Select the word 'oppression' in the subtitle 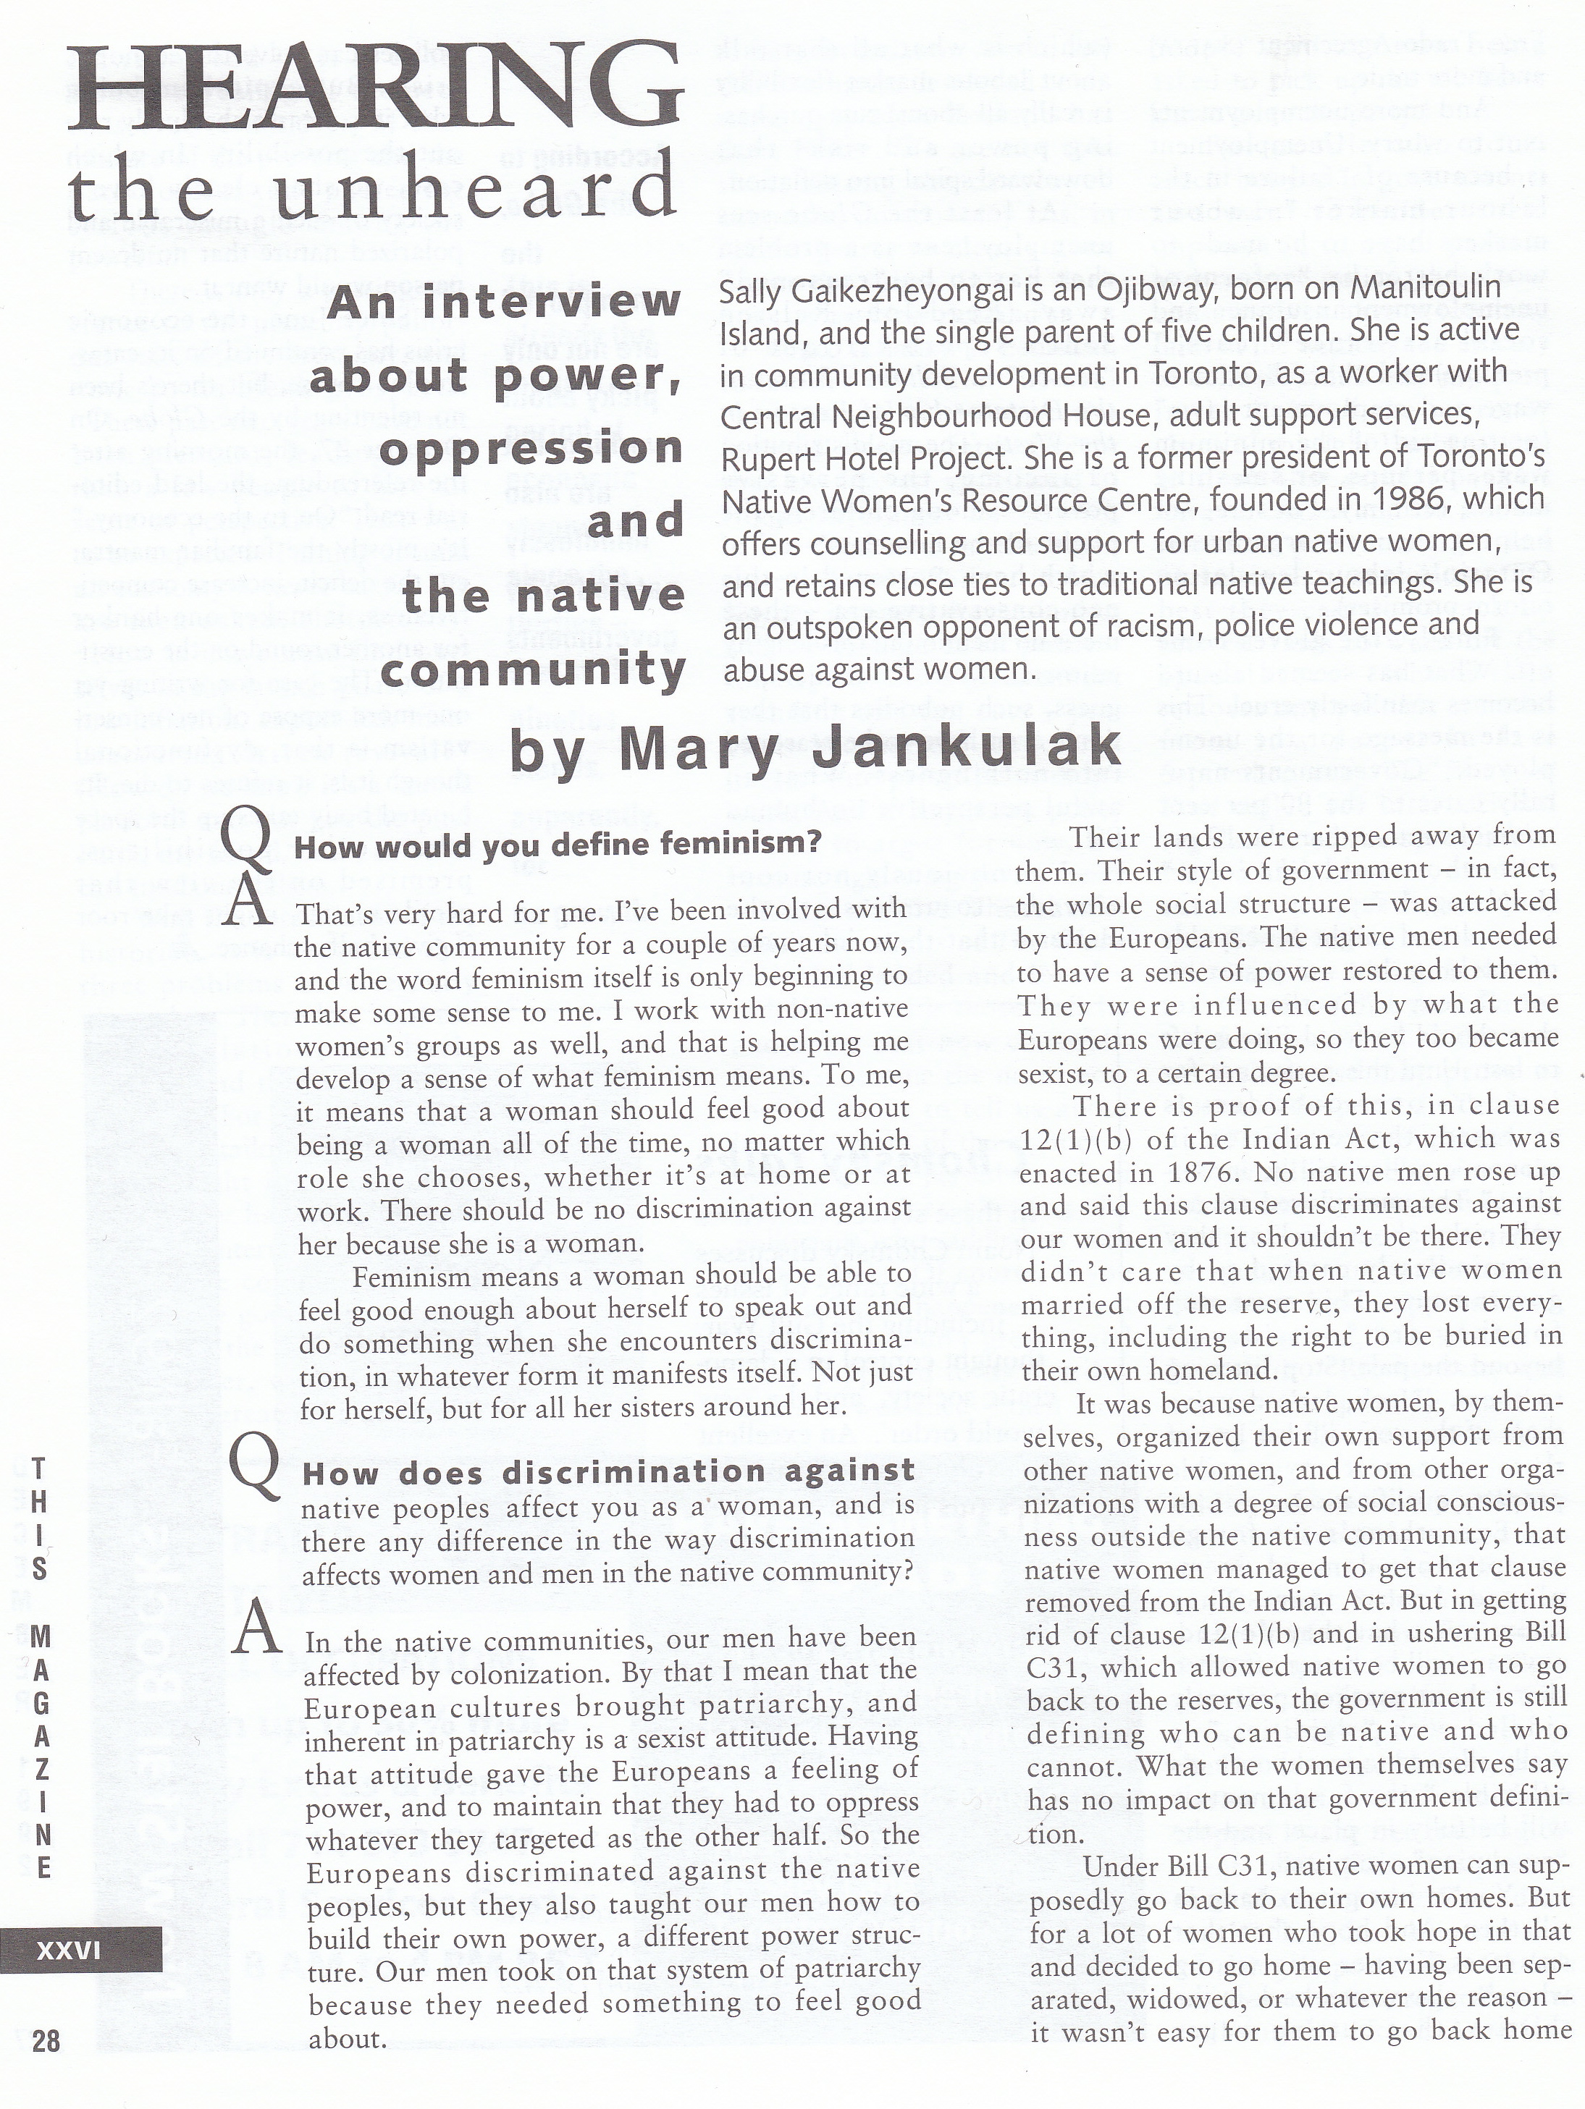click(x=531, y=449)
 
